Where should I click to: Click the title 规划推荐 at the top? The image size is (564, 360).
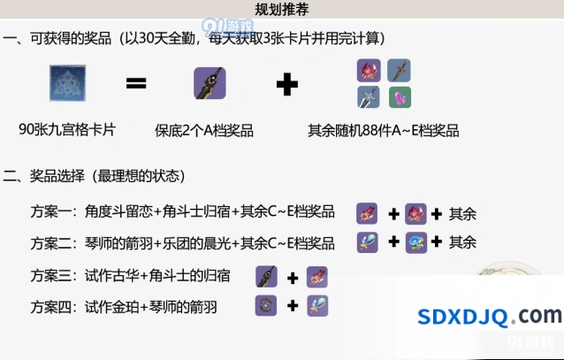pos(282,10)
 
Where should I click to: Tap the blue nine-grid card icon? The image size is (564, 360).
pos(67,83)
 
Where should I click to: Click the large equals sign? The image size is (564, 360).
pos(136,83)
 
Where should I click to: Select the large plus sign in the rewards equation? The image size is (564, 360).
pos(287,85)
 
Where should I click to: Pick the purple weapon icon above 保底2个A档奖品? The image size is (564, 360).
pos(210,83)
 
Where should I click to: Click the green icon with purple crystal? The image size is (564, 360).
pos(400,97)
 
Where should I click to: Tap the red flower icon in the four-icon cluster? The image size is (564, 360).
pos(369,71)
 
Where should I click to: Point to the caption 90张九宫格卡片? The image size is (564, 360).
pos(67,130)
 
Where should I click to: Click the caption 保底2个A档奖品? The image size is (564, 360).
pos(204,130)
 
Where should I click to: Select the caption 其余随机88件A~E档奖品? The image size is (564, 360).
pos(384,130)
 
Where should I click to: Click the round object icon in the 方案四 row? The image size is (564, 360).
pos(266,306)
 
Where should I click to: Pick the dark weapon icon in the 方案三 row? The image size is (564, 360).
pos(266,277)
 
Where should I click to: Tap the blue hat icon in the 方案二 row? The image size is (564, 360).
pos(416,242)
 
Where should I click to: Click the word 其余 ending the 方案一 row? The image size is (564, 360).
pos(462,214)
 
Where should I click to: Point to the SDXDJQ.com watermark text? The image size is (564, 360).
pos(489,316)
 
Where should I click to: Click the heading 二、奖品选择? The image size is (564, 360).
pos(44,176)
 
